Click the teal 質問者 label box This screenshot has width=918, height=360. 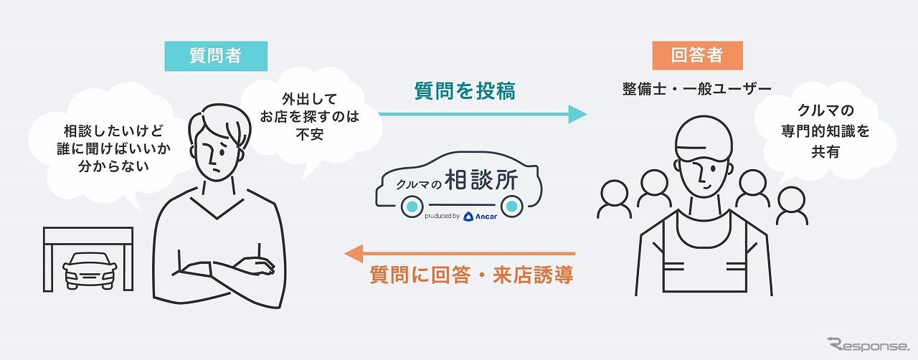(216, 56)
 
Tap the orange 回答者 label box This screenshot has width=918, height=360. (696, 56)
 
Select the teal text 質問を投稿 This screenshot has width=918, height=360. (465, 90)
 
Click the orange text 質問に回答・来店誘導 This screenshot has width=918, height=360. (471, 275)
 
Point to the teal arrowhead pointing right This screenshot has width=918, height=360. (577, 114)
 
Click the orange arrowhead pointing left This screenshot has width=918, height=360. (354, 253)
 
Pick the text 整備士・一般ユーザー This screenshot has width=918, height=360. (696, 88)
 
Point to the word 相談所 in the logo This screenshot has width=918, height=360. (480, 181)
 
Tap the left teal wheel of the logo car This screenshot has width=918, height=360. (410, 208)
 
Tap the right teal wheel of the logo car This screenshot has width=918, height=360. (511, 208)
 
